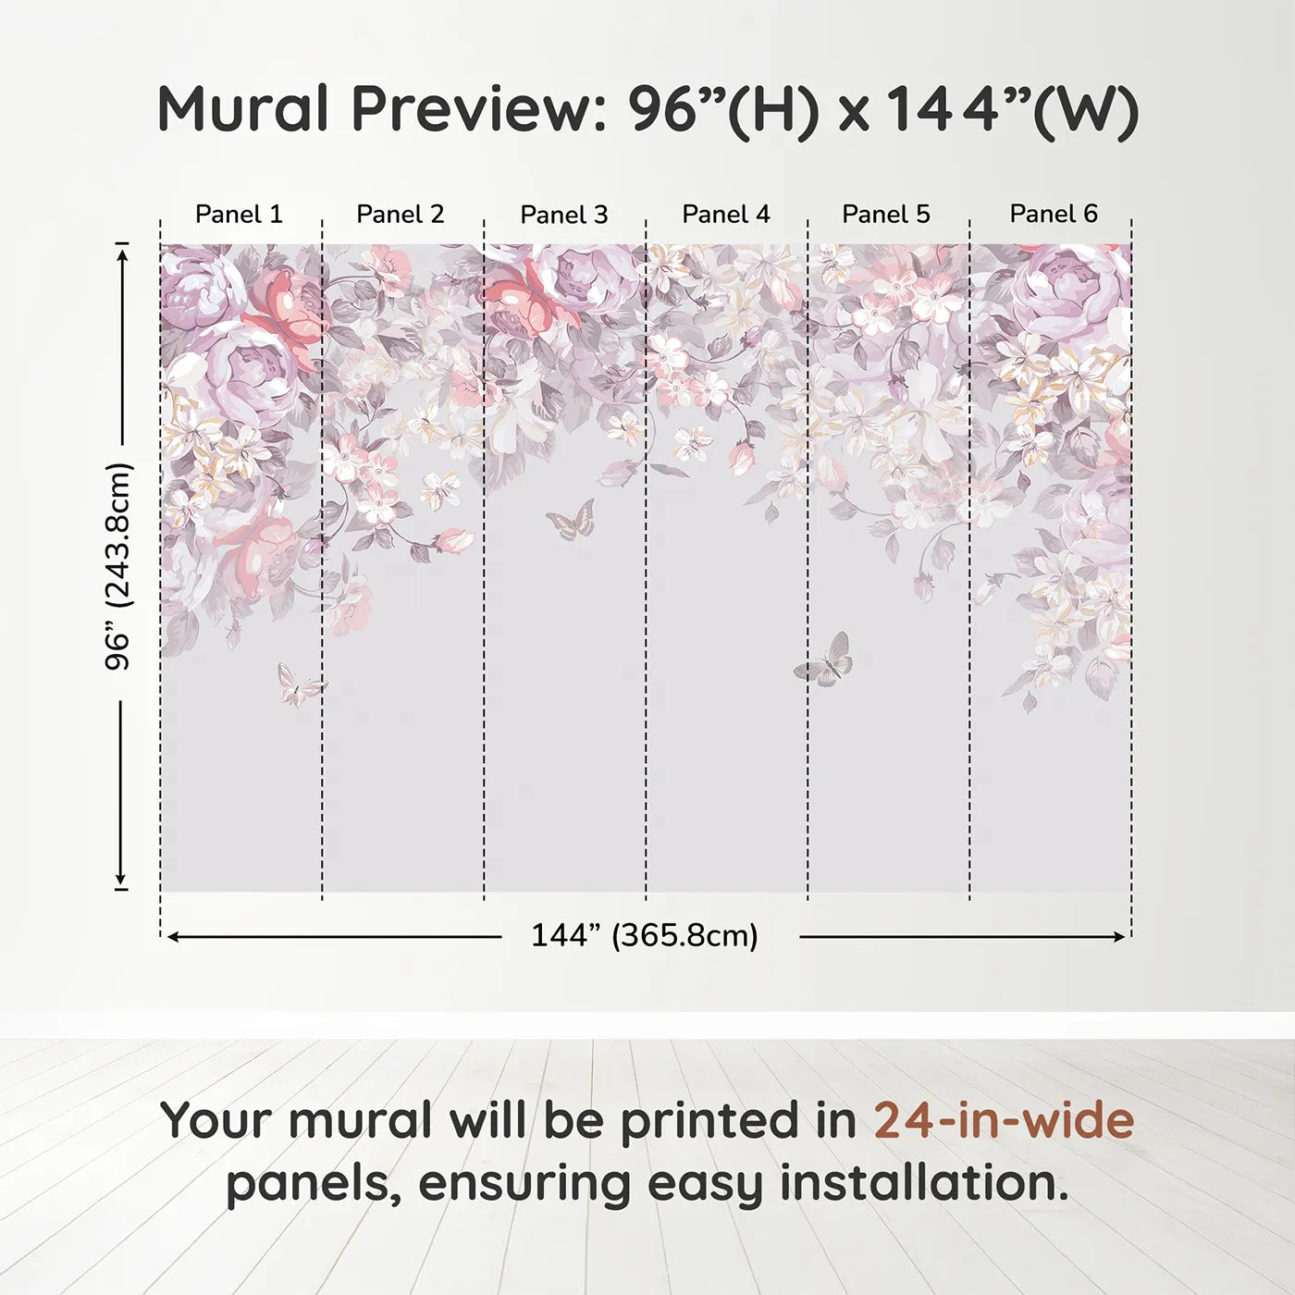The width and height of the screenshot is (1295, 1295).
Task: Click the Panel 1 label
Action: [239, 215]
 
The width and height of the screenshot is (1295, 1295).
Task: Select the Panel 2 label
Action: [400, 215]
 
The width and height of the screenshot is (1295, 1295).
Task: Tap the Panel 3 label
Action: [564, 215]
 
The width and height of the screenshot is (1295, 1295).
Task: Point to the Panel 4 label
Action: [726, 215]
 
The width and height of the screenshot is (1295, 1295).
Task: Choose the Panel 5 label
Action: [886, 215]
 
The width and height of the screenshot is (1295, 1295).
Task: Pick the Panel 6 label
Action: [1053, 214]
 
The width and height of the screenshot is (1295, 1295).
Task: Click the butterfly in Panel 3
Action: [572, 520]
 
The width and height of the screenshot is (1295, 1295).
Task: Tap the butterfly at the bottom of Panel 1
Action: [301, 684]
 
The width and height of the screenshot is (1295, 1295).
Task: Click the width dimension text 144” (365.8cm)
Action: [645, 935]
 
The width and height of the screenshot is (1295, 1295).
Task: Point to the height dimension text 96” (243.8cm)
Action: [118, 566]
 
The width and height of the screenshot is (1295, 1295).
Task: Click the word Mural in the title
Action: [242, 108]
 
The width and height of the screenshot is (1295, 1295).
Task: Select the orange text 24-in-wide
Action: [1004, 1120]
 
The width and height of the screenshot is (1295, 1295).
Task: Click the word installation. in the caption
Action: [924, 1183]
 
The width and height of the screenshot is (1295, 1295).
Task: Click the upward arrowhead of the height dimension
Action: [121, 254]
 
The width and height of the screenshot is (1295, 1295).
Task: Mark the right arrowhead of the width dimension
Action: [1119, 937]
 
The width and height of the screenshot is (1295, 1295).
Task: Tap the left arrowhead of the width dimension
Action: [173, 937]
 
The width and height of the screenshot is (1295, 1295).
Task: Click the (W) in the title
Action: [1085, 112]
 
